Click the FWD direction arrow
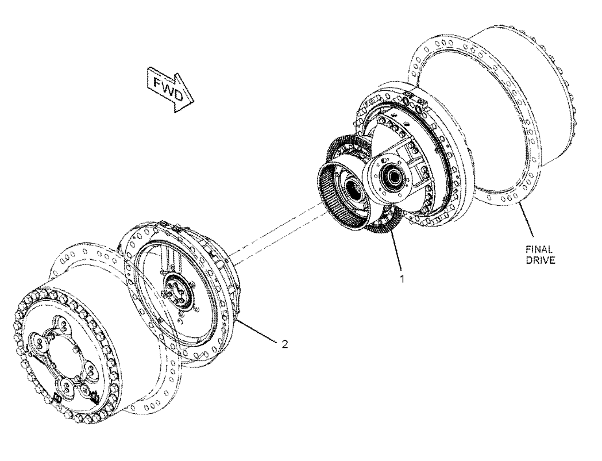(171, 89)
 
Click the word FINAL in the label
(539, 249)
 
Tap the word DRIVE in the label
(540, 260)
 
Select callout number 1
(402, 279)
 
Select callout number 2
(284, 344)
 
